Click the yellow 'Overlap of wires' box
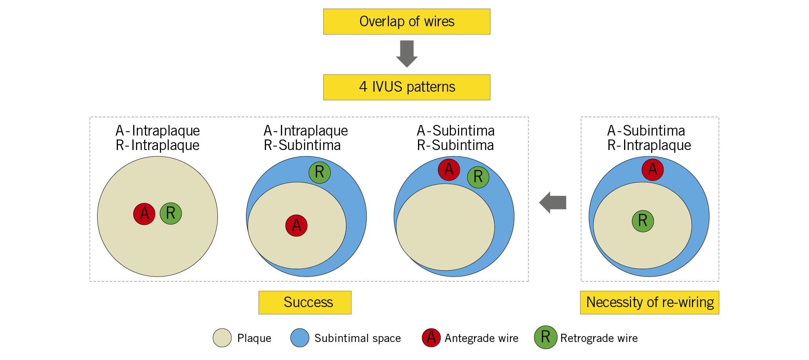[x=407, y=22]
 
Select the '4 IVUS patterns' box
[x=407, y=87]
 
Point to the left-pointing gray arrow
[x=553, y=203]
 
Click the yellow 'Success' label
[x=305, y=302]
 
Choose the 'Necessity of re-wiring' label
[x=649, y=302]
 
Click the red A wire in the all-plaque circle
[x=144, y=214]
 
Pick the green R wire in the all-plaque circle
[x=171, y=213]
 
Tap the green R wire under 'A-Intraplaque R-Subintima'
[x=320, y=172]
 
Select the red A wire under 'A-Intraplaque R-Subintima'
[x=296, y=225]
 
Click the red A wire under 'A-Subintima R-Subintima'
[x=449, y=170]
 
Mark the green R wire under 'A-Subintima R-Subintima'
[x=478, y=177]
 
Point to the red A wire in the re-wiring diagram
[x=653, y=170]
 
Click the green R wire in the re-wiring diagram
[x=643, y=221]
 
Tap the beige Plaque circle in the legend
[x=222, y=338]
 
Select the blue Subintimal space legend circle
[x=300, y=338]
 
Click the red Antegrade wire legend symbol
[x=431, y=338]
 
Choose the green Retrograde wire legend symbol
[x=545, y=337]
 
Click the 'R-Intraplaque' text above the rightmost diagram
[x=649, y=145]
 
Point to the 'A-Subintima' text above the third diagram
[x=456, y=130]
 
